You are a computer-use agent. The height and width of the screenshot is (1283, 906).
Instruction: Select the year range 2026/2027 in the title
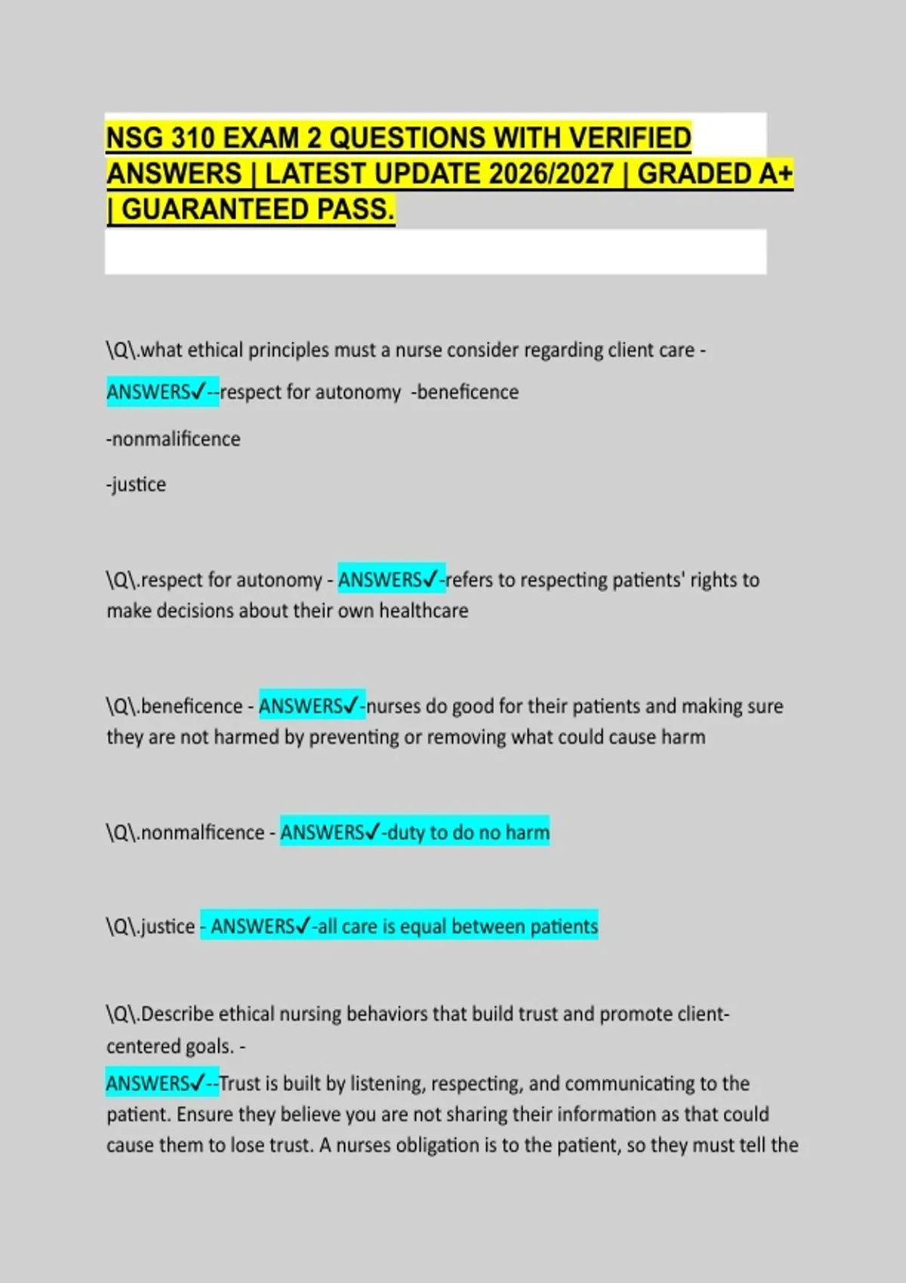pos(551,174)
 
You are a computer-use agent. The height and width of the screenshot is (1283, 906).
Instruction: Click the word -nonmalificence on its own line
pos(173,438)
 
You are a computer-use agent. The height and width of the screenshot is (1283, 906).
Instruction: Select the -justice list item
pos(136,484)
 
